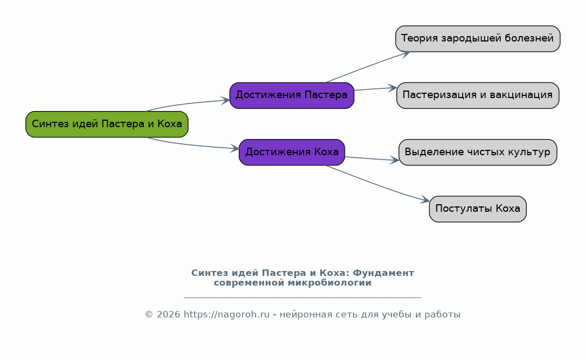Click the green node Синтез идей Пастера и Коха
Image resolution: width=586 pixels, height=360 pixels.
(x=107, y=124)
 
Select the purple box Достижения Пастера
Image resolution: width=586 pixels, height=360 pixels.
(x=292, y=96)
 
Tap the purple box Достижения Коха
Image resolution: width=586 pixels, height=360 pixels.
(x=292, y=152)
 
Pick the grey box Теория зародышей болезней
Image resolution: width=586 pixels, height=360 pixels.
(x=478, y=39)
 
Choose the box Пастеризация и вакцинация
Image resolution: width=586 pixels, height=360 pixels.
(x=478, y=96)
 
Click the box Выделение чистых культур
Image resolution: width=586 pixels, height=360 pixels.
(x=478, y=152)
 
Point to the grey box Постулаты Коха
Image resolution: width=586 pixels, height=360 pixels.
(x=478, y=209)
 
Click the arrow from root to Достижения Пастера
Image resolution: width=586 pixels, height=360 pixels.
(x=187, y=103)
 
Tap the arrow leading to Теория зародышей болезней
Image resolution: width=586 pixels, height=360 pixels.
(x=368, y=66)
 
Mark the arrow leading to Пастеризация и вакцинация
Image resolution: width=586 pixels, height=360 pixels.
(x=375, y=89)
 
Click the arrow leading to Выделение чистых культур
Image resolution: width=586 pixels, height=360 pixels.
(x=372, y=159)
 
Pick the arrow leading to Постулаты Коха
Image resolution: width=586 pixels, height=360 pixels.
(x=378, y=184)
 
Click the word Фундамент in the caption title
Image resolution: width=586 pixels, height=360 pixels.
(x=383, y=273)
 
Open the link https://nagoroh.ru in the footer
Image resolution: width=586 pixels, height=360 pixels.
(x=226, y=314)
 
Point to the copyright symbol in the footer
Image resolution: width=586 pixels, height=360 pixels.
(x=149, y=314)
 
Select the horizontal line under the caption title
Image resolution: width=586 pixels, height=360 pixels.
(x=303, y=297)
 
